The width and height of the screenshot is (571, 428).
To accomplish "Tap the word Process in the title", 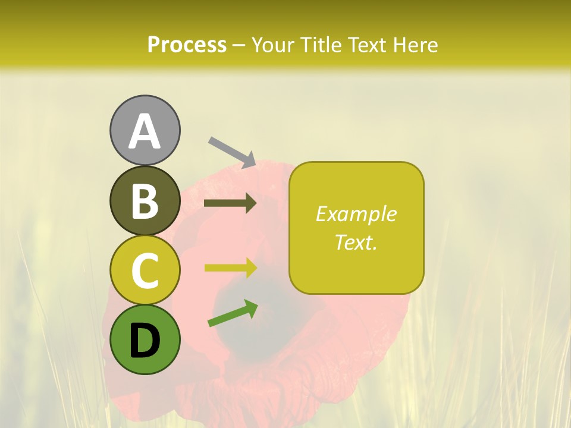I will click(187, 45).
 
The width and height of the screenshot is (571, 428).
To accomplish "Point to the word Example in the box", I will click(356, 214).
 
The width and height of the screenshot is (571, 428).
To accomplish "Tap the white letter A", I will click(145, 131).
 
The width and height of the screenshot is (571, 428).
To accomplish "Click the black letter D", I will click(145, 341).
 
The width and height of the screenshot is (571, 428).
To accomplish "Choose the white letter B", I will click(145, 201).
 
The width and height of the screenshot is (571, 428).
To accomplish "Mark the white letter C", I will click(145, 270).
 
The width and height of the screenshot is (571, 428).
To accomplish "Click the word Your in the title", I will click(273, 45).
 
